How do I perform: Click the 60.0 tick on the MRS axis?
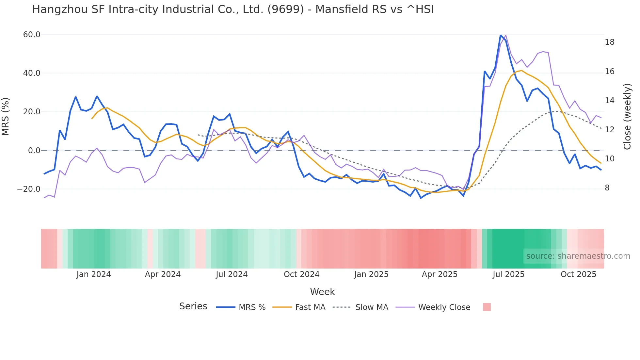click(31, 35)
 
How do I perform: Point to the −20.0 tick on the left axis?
click(29, 189)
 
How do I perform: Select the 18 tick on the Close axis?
click(609, 42)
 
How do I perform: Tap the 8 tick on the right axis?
click(607, 188)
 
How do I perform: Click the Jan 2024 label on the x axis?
click(94, 274)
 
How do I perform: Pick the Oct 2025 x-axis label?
click(578, 274)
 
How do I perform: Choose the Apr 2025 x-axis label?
click(440, 274)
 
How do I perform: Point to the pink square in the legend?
click(487, 307)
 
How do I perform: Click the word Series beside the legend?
click(193, 306)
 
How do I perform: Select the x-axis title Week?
click(322, 292)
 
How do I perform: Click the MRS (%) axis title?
click(6, 116)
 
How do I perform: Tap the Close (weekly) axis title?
click(627, 117)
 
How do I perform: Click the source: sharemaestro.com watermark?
click(578, 256)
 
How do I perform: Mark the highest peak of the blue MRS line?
click(501, 35)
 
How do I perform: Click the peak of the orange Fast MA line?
click(521, 70)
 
